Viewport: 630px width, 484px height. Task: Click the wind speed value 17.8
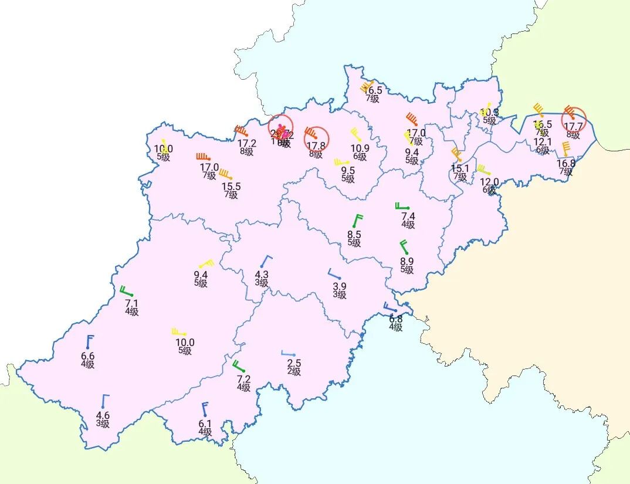click(316, 145)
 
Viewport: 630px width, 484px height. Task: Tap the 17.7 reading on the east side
click(573, 126)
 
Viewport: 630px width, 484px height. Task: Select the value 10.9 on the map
click(360, 148)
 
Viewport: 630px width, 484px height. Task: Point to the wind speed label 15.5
click(231, 187)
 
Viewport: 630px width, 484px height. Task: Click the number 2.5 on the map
click(294, 363)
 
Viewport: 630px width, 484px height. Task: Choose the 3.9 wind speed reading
click(340, 286)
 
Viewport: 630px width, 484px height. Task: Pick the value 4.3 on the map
click(262, 274)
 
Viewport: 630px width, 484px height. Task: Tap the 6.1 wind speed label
click(205, 424)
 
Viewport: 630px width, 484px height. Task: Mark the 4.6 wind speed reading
click(103, 416)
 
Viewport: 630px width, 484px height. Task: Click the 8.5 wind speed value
click(354, 235)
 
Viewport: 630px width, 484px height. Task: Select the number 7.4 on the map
click(408, 216)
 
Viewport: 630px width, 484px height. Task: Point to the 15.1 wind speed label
click(460, 169)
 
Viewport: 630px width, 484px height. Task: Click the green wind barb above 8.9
click(404, 246)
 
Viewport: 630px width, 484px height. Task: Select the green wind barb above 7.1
click(126, 291)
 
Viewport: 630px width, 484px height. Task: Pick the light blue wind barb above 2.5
click(288, 354)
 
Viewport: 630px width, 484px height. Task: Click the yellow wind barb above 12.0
click(483, 170)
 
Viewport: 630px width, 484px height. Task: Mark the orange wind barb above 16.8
click(565, 149)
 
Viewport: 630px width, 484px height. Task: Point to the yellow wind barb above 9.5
click(341, 162)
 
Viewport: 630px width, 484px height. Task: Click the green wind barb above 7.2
click(238, 366)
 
